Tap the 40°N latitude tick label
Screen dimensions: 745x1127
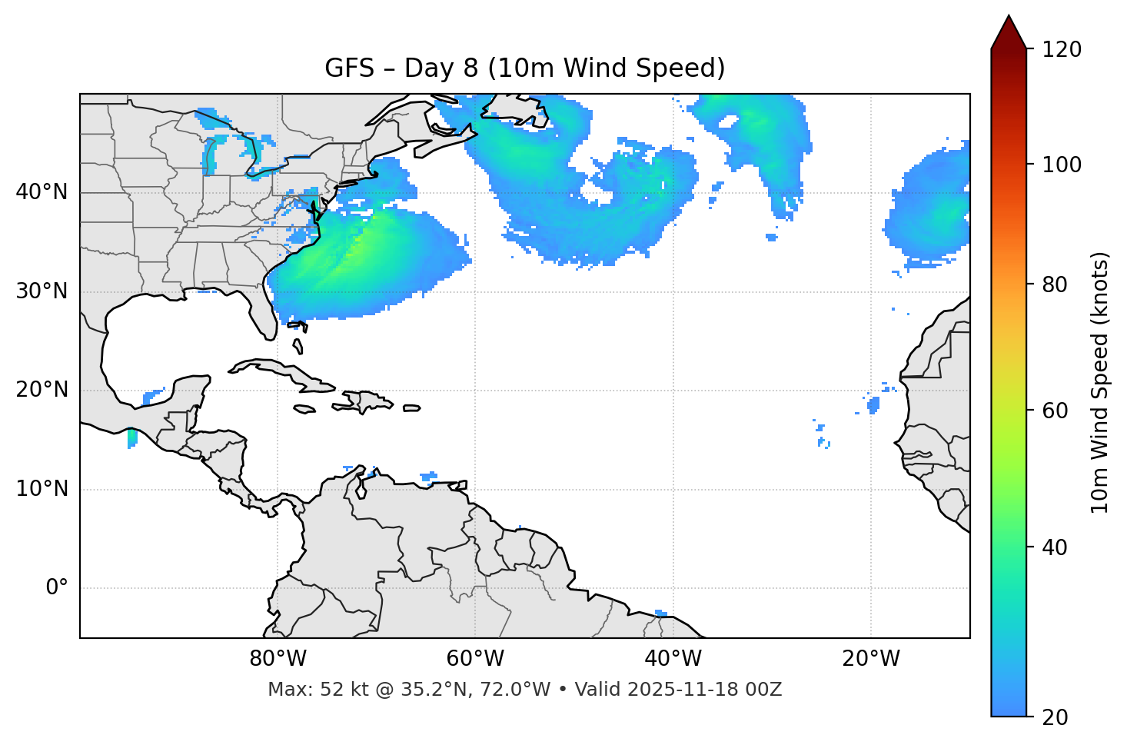point(42,192)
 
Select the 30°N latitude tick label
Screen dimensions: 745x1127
point(42,291)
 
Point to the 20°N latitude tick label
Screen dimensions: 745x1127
point(42,390)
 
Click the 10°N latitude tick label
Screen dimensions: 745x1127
point(42,489)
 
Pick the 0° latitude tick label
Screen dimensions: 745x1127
point(57,588)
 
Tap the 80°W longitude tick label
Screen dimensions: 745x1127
point(278,659)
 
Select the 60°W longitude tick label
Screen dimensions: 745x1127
point(475,659)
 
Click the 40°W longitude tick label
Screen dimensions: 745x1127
point(673,659)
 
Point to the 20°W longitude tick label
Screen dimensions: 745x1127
point(870,659)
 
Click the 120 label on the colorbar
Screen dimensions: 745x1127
point(1062,50)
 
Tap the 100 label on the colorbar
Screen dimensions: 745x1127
point(1062,165)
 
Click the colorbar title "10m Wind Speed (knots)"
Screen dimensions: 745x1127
point(1100,382)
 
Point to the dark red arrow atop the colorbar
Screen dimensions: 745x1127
point(1009,33)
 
